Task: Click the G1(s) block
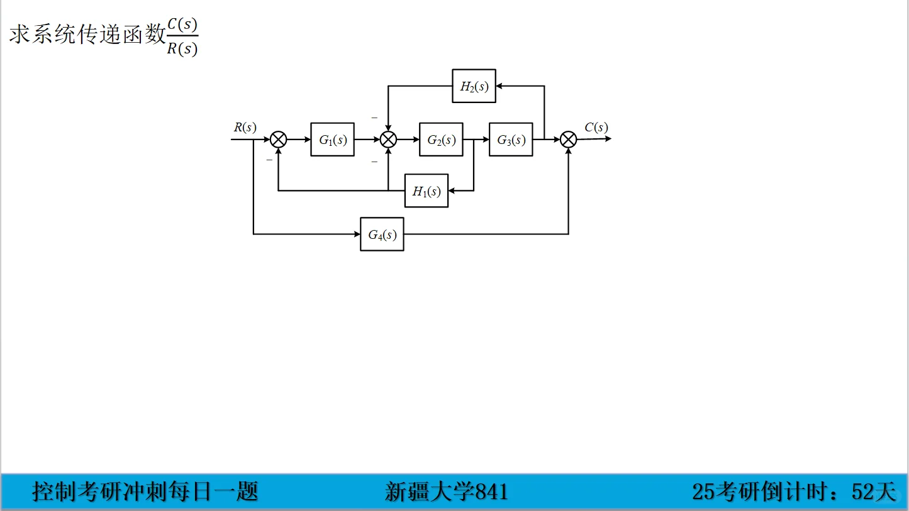332,140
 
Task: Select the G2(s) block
441,140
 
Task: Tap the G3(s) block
511,140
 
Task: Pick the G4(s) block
382,234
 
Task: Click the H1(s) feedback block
427,191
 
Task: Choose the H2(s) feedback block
474,86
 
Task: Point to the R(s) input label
245,127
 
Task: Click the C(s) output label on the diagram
596,128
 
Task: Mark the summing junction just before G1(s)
278,140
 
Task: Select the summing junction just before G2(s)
389,140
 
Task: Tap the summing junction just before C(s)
568,140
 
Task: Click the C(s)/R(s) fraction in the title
182,37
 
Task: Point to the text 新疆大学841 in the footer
446,492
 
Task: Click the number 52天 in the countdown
873,492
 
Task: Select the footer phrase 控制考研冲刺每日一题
145,492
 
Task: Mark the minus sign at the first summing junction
269,160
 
